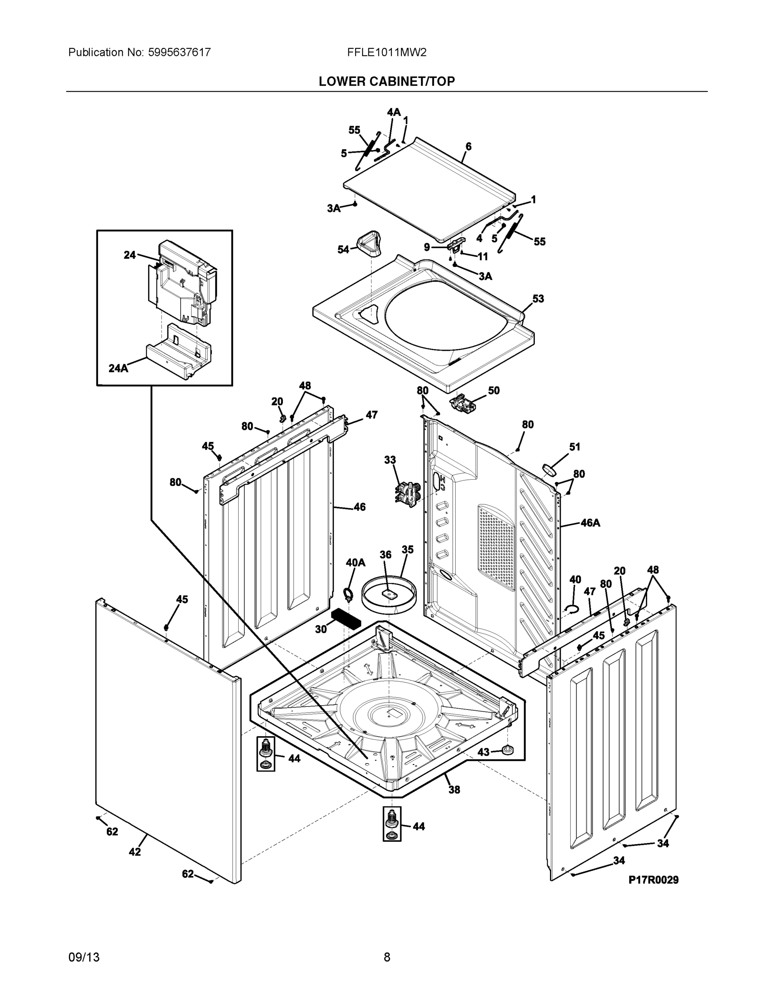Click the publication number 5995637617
pos(179,52)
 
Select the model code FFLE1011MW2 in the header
pos(386,52)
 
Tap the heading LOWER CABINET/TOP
pos(386,81)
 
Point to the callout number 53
pos(538,299)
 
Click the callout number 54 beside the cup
pos(343,249)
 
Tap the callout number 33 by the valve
pos(390,460)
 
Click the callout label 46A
pos(590,523)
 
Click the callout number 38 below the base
pos(454,789)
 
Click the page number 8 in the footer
pos(386,957)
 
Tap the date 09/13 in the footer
pos(84,957)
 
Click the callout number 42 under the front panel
pos(134,852)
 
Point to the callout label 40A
pos(355,562)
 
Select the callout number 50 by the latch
pos(493,390)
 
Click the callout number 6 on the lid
pos(468,147)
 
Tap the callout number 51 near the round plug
pos(575,447)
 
